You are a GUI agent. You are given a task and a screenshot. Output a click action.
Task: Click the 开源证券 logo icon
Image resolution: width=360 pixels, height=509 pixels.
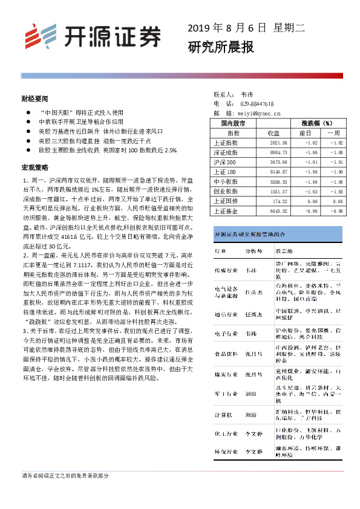click(38, 36)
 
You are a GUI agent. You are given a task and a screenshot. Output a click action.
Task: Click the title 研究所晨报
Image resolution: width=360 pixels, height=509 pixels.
click(220, 47)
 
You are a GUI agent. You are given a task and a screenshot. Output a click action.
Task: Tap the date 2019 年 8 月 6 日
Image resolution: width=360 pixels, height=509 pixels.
click(227, 28)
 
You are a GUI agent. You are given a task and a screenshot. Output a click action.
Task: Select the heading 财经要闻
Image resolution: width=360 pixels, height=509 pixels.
click(34, 98)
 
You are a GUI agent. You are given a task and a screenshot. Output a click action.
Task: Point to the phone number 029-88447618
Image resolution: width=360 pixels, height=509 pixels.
click(257, 104)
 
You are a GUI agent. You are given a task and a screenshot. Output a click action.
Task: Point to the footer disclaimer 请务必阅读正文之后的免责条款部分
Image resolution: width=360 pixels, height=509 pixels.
click(65, 476)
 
